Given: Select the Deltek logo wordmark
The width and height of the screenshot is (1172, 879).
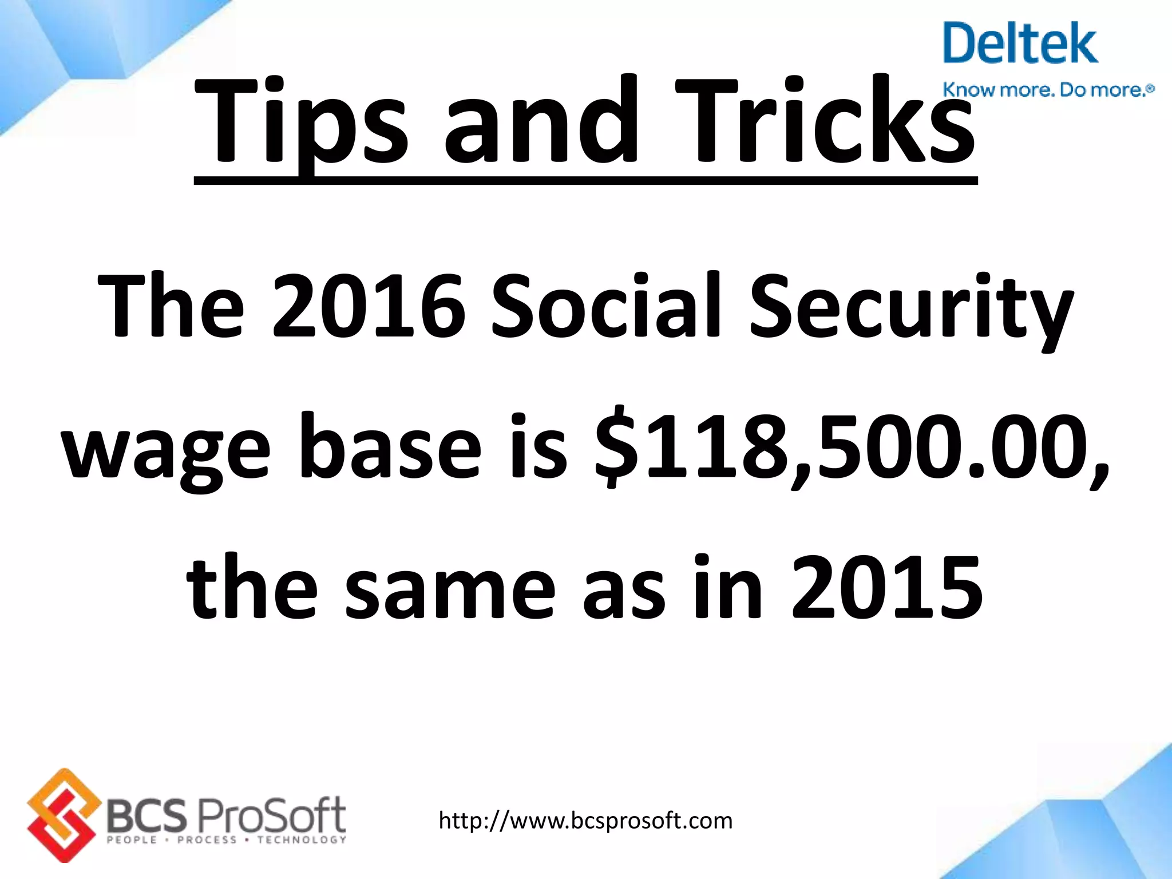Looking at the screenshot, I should tap(1020, 44).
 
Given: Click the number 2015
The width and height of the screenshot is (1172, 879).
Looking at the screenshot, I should tap(887, 589).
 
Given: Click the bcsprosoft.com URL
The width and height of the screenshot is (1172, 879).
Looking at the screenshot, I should tap(585, 821).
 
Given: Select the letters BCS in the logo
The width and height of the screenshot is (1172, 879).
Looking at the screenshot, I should tap(146, 815).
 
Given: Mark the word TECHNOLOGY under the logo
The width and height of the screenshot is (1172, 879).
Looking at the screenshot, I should tap(302, 840).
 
